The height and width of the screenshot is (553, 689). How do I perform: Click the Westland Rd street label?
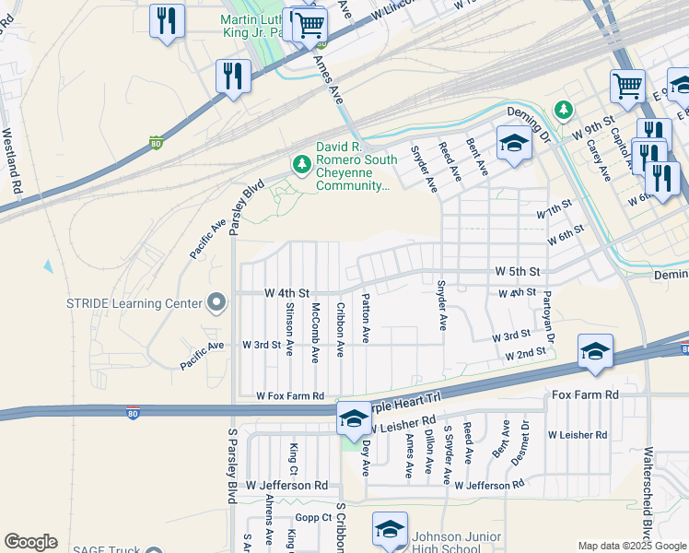[x=12, y=159]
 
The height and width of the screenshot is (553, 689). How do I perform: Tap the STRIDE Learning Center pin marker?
[x=216, y=302]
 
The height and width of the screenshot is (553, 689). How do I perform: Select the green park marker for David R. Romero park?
[x=300, y=164]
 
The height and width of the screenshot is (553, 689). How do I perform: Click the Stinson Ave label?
[x=289, y=330]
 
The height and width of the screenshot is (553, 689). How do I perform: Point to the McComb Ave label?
[x=315, y=330]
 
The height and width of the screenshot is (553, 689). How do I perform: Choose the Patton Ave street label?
[x=366, y=319]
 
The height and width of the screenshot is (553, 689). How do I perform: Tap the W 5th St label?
[x=516, y=273]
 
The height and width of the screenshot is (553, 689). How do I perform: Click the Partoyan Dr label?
[x=549, y=314]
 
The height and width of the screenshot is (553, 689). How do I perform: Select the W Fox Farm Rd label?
[x=291, y=396]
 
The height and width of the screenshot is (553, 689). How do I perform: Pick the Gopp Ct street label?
[x=314, y=518]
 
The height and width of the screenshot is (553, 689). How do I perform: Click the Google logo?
[x=29, y=542]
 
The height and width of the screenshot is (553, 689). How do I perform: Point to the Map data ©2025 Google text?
[x=632, y=547]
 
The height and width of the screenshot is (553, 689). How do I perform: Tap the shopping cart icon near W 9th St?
[x=627, y=87]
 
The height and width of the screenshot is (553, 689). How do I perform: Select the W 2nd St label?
[x=525, y=355]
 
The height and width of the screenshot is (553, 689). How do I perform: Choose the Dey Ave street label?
[x=366, y=458]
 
